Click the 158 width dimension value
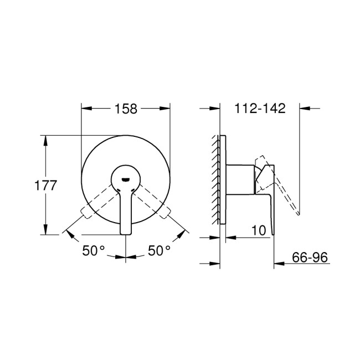[x=126, y=109]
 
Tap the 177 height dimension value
[x=45, y=186]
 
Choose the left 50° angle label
[x=94, y=250]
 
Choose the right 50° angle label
[x=159, y=250]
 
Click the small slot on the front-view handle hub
[x=126, y=179]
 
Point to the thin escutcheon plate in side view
[x=223, y=180]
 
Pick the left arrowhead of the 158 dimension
[x=86, y=109]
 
